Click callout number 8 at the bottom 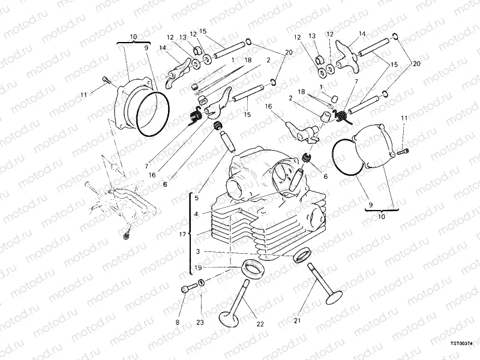pyautogui.click(x=178, y=322)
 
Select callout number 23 pyautogui.click(x=200, y=322)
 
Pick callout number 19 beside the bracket pyautogui.click(x=199, y=268)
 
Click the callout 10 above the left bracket pyautogui.click(x=133, y=36)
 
